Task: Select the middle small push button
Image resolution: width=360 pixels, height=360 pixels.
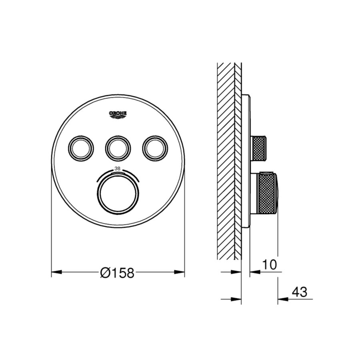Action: [x=118, y=148]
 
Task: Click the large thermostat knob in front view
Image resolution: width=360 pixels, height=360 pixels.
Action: [x=118, y=194]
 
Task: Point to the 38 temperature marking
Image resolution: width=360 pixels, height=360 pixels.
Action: [x=118, y=169]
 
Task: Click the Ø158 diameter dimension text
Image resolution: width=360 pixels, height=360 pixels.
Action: [x=118, y=273]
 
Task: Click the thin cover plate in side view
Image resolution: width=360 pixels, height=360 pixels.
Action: [x=246, y=160]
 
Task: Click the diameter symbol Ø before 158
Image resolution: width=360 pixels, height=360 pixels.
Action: [x=105, y=273]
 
